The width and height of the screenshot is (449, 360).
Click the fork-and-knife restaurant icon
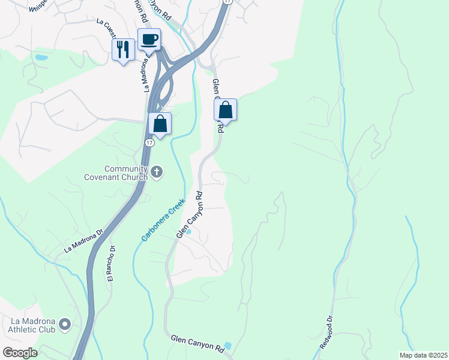(x=123, y=49)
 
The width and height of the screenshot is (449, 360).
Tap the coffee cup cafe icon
(x=149, y=40)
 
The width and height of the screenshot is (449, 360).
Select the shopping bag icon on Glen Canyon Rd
(x=225, y=110)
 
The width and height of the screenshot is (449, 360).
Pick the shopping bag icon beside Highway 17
(x=160, y=124)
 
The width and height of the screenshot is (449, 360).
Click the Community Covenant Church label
(x=125, y=173)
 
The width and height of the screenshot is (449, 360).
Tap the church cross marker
(x=157, y=173)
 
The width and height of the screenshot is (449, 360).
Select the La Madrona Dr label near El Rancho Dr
(x=83, y=239)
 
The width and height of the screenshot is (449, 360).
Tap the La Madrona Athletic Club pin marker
(x=65, y=325)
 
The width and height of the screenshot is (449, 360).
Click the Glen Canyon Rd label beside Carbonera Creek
(x=191, y=215)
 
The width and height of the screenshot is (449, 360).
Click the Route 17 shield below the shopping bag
(x=151, y=143)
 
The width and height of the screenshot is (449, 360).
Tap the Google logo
(x=19, y=353)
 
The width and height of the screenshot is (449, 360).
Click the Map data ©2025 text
(x=423, y=355)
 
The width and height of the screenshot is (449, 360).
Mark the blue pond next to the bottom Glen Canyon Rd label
(x=227, y=347)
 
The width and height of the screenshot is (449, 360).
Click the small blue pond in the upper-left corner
(x=41, y=58)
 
